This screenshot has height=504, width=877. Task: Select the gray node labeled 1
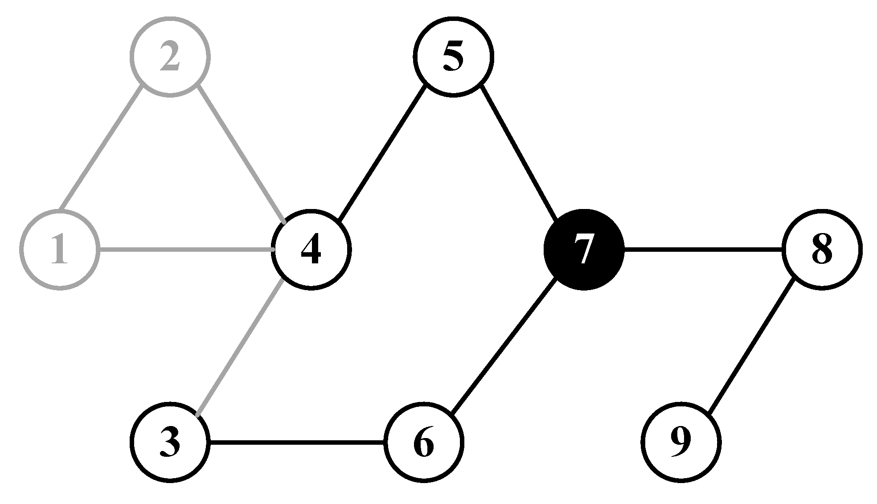pyautogui.click(x=59, y=250)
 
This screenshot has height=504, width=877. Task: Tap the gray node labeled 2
pyautogui.click(x=170, y=57)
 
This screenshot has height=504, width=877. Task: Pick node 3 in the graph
pyautogui.click(x=170, y=443)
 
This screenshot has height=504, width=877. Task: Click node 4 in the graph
pyautogui.click(x=311, y=250)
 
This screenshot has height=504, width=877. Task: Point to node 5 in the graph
pyautogui.click(x=453, y=57)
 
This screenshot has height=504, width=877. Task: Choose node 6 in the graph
pyautogui.click(x=424, y=443)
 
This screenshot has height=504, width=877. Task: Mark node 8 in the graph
pyautogui.click(x=822, y=250)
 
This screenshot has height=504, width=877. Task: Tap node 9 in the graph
pyautogui.click(x=681, y=443)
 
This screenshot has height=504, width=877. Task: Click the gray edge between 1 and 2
pyautogui.click(x=101, y=148)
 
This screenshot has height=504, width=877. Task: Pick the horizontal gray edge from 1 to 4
pyautogui.click(x=186, y=250)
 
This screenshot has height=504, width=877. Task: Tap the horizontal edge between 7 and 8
pyautogui.click(x=703, y=250)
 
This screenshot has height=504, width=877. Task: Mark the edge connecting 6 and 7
pyautogui.click(x=504, y=346)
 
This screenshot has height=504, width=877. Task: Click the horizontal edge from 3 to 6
pyautogui.click(x=297, y=443)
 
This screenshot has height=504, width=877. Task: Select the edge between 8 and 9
pyautogui.click(x=751, y=346)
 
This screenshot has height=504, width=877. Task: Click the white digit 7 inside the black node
pyautogui.click(x=583, y=250)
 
